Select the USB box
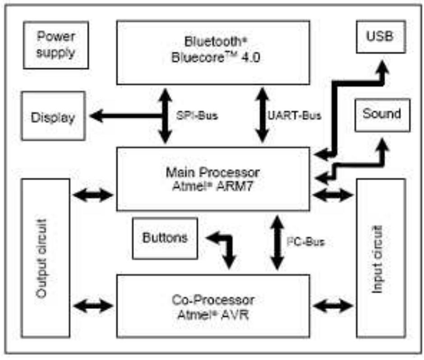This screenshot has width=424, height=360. [x=381, y=36]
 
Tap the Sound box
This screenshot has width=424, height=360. [x=382, y=114]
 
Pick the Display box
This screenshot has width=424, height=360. [x=53, y=118]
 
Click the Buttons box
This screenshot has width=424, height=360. [x=165, y=238]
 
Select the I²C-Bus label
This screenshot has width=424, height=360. [x=306, y=242]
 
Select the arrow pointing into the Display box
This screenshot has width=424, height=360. [x=101, y=116]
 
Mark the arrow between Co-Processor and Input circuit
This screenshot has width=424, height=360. [x=333, y=306]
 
